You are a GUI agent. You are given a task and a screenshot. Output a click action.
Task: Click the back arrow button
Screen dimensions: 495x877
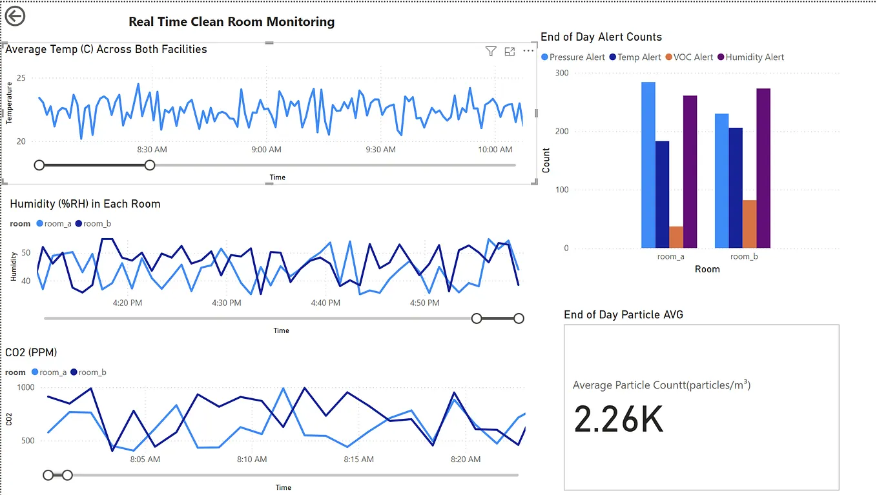15,16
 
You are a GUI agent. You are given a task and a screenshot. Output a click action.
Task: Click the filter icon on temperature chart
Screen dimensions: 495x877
490,52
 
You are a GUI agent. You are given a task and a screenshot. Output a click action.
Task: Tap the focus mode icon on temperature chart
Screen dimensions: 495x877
510,52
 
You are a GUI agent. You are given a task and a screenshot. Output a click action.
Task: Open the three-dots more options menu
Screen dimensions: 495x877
528,51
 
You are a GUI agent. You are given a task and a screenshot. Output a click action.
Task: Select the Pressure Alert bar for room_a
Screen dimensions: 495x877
648,165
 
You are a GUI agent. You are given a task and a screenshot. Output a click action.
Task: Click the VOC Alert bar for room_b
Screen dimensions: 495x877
749,223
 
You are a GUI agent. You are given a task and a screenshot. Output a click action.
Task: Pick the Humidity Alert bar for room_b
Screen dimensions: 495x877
763,168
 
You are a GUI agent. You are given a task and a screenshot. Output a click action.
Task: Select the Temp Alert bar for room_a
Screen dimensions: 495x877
662,194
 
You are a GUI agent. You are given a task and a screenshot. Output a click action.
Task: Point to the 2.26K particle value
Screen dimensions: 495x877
619,419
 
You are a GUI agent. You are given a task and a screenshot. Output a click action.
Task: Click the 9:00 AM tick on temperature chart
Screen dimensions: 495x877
266,150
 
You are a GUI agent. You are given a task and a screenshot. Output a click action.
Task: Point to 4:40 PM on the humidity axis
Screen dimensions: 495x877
325,303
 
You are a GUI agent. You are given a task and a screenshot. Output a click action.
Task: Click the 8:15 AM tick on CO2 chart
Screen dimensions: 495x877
358,460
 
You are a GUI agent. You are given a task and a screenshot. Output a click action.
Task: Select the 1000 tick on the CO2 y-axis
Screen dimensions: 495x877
26,388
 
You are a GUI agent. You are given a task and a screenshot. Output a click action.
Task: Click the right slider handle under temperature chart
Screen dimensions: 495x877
150,165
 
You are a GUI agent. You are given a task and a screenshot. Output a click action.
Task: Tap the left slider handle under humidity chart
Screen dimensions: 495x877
477,318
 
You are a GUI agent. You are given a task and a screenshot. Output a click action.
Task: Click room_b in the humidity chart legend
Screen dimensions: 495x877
96,224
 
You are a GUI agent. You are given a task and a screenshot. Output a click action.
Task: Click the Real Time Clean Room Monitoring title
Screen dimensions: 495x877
231,22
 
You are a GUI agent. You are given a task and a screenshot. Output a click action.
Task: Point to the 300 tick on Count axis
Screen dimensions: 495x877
562,73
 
